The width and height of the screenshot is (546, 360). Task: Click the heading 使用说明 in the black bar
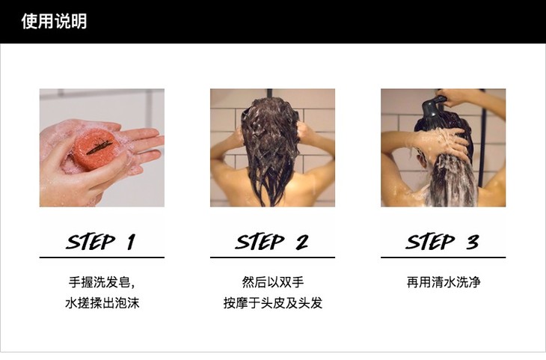pyautogui.click(x=54, y=21)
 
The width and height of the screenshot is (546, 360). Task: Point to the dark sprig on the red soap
pyautogui.click(x=99, y=147)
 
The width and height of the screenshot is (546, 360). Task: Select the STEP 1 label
pyautogui.click(x=101, y=242)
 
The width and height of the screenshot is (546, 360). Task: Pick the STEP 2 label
pyautogui.click(x=272, y=242)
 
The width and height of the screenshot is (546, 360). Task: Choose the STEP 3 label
pyautogui.click(x=442, y=242)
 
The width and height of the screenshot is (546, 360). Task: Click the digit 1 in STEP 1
pyautogui.click(x=131, y=242)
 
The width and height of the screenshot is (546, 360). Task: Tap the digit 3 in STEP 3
pyautogui.click(x=473, y=242)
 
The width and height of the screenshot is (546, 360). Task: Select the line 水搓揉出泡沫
pyautogui.click(x=102, y=303)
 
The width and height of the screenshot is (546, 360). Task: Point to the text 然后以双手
pyautogui.click(x=273, y=282)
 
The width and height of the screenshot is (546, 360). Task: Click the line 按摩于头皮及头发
pyautogui.click(x=273, y=303)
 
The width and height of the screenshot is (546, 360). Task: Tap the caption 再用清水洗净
pyautogui.click(x=444, y=282)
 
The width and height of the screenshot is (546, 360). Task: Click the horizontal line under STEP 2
pyautogui.click(x=272, y=257)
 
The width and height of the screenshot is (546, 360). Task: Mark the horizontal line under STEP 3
pyautogui.click(x=443, y=257)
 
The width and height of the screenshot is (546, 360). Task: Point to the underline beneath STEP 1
pyautogui.click(x=102, y=257)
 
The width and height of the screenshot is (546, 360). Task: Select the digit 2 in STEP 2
pyautogui.click(x=302, y=242)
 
